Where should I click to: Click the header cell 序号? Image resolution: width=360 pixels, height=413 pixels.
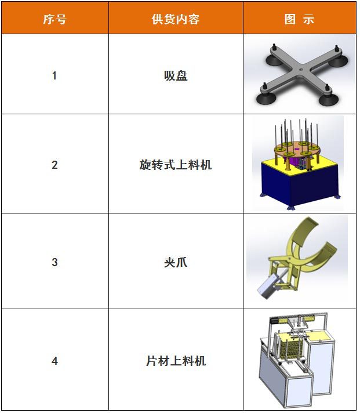(54, 19)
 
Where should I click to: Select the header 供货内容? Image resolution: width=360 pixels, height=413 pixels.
(175, 19)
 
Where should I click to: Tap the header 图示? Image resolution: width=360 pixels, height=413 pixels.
(299, 19)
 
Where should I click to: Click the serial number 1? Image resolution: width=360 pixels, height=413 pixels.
(54, 75)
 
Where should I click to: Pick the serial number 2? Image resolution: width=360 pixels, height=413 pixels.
(54, 165)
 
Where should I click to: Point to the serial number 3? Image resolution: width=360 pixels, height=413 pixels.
(54, 262)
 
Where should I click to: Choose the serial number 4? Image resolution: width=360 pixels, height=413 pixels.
(54, 361)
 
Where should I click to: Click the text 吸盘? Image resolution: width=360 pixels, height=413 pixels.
(175, 75)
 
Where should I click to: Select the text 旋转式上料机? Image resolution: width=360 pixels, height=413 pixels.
(175, 165)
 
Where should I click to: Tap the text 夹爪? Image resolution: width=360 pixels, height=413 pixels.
(175, 262)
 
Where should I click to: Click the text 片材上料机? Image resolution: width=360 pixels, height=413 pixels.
(175, 361)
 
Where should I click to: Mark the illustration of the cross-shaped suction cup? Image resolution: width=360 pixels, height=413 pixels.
(299, 74)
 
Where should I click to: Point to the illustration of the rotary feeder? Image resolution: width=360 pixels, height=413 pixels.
(298, 164)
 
